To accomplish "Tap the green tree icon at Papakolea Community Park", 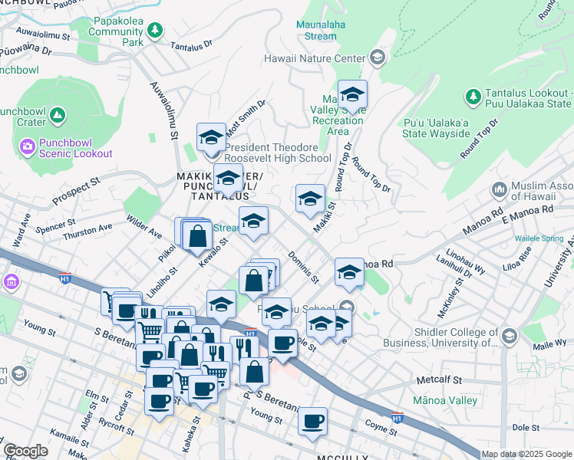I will click(x=155, y=30).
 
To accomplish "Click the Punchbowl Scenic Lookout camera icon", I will click(x=28, y=146).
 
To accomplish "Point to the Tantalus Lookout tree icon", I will click(x=472, y=97).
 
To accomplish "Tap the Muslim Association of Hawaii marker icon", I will click(x=499, y=188).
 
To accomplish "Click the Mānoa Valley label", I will click(x=445, y=400).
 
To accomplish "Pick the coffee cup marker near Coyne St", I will click(x=312, y=421).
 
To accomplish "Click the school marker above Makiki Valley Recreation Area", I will click(x=352, y=94).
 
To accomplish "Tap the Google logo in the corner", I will click(x=25, y=451).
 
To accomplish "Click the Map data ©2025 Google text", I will click(x=526, y=454).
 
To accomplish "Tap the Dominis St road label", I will click(x=302, y=267).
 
